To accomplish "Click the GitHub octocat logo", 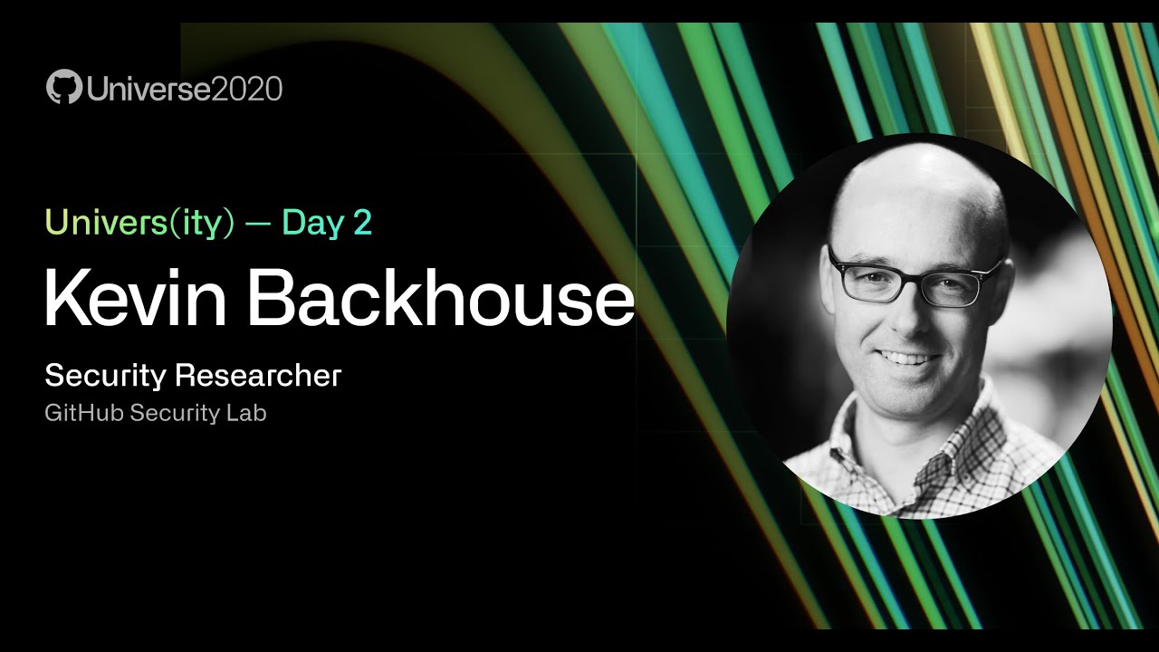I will [63, 89].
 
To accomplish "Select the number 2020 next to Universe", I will [246, 89].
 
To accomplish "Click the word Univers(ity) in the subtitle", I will [134, 223].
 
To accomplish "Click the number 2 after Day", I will [362, 223].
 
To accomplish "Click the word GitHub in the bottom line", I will [84, 414].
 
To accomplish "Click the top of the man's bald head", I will [915, 168].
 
